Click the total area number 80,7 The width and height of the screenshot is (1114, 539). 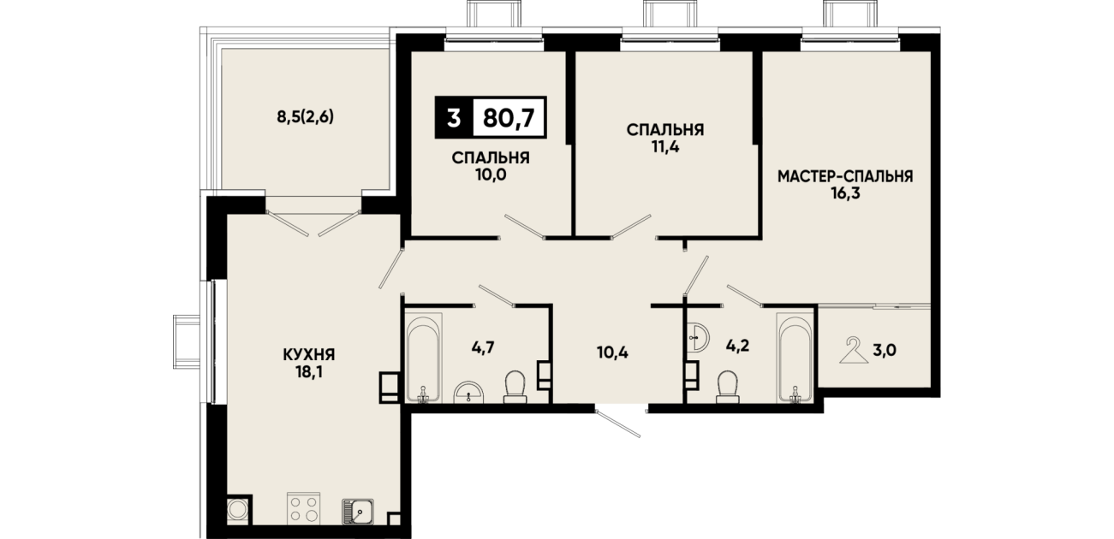click(509, 118)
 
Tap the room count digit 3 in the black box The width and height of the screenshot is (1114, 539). click(453, 118)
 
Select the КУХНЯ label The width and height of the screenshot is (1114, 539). click(309, 355)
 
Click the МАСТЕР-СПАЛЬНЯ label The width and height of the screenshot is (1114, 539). click(845, 176)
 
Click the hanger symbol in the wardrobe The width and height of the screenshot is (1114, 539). click(854, 350)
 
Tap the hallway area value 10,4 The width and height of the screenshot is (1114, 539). click(613, 352)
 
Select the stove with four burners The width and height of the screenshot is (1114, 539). click(303, 507)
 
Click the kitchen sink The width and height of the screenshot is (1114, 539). click(358, 511)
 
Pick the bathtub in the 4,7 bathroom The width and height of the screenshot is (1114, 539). click(423, 357)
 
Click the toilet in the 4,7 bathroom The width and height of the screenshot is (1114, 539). click(515, 387)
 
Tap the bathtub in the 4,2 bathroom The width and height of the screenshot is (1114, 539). click(795, 358)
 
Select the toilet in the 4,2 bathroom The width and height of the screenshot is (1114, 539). click(728, 387)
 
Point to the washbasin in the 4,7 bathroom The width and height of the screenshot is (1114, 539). click(469, 392)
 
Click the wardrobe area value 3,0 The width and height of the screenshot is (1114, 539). click(885, 351)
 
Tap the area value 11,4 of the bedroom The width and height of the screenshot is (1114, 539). click(665, 147)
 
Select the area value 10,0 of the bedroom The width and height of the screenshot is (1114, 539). click(491, 175)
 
